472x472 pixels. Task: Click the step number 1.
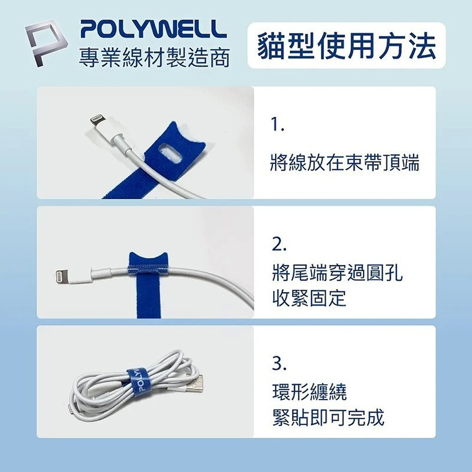tap(278, 126)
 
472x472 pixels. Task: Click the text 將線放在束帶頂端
tap(345, 162)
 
